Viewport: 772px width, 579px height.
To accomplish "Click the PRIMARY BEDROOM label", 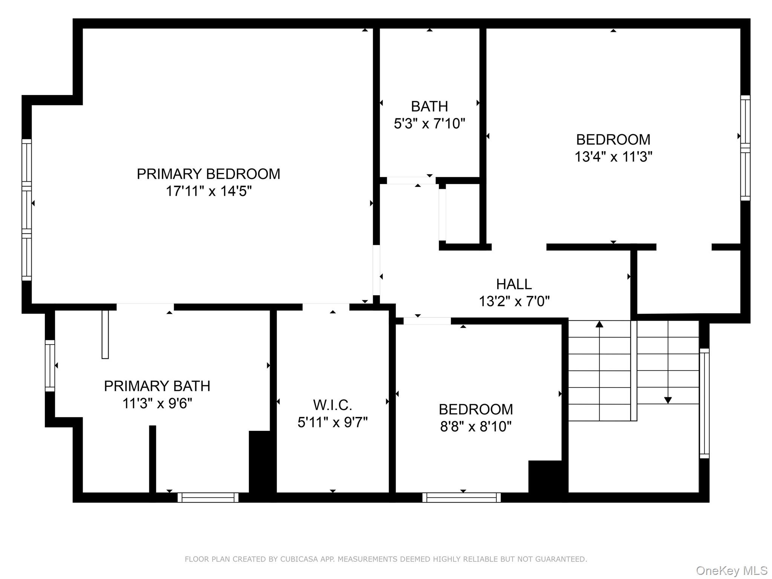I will click(208, 174).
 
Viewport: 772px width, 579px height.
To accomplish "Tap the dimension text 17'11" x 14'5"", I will click(208, 191).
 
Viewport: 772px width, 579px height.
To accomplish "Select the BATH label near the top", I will click(429, 106).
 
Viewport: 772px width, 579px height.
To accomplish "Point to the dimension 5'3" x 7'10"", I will click(429, 124).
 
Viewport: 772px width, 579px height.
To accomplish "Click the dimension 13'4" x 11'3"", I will click(613, 156).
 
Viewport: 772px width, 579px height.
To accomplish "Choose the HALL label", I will click(514, 284).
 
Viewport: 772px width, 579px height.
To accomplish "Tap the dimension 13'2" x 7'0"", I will click(514, 301).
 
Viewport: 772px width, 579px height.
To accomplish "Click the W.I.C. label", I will click(332, 405).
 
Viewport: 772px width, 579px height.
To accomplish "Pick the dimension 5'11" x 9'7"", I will click(332, 422).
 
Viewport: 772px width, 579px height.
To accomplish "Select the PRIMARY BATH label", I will click(157, 386).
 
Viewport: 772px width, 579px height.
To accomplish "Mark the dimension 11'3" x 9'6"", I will click(157, 403).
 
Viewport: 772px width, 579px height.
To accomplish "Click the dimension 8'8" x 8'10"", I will click(476, 426).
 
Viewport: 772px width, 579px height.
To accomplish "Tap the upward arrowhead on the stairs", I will click(599, 324).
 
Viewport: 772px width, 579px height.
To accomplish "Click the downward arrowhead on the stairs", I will click(668, 400).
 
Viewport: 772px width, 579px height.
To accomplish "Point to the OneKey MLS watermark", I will click(731, 571).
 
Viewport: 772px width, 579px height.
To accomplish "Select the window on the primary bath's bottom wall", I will click(208, 498).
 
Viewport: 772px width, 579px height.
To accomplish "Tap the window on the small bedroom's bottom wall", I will click(461, 498).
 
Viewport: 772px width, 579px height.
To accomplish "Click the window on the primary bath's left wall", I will click(50, 366).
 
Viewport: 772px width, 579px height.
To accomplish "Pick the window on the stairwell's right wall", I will click(704, 403).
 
